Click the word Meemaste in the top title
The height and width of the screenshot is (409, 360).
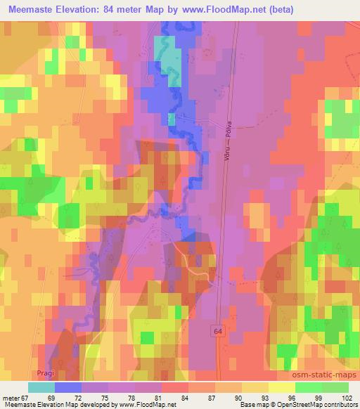tap(29, 10)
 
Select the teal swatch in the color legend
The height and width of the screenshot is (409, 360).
tap(41, 387)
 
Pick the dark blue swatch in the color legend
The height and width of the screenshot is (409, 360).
tap(68, 387)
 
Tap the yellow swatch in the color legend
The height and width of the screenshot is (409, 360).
tap(255, 387)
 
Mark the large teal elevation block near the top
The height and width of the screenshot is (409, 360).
tap(167, 53)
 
